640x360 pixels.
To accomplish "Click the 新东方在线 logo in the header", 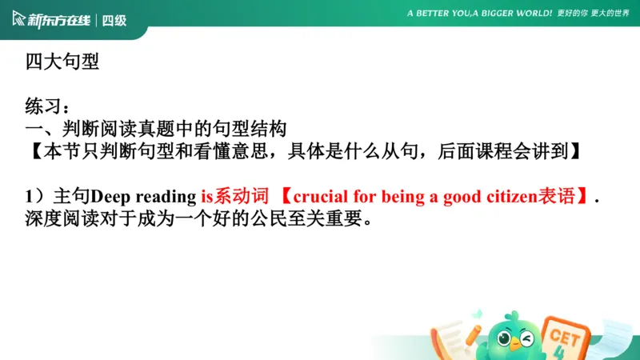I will tap(50, 20).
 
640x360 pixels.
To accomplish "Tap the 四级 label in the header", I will tap(115, 20).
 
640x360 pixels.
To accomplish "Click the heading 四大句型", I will tap(62, 62).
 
